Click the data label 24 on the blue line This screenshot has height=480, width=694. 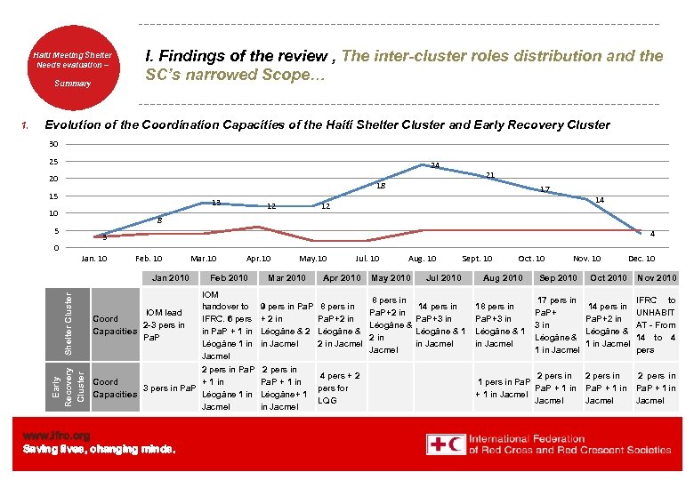(434, 165)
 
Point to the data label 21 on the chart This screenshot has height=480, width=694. (489, 175)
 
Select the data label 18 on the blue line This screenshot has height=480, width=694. (380, 186)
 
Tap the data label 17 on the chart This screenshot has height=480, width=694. (545, 189)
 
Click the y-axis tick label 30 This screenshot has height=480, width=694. (52, 145)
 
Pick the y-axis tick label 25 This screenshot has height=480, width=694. (52, 162)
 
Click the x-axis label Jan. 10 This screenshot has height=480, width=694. (93, 259)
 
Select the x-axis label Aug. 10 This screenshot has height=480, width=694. (422, 259)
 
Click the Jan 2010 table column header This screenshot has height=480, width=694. (171, 278)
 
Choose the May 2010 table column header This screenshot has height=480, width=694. (391, 278)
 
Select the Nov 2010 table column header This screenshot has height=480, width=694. (657, 278)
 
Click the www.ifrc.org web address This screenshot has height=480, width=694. (57, 436)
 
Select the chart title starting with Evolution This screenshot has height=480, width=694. (327, 125)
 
